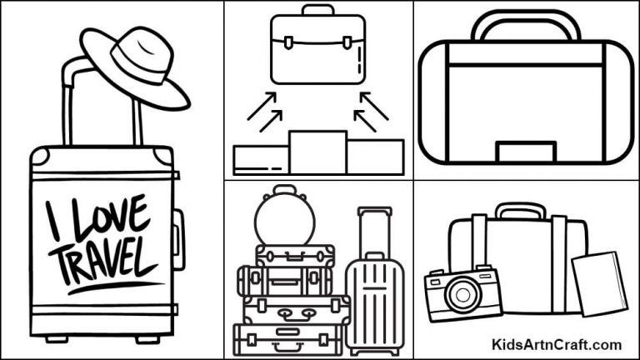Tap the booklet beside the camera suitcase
click(599, 284)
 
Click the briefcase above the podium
click(317, 50)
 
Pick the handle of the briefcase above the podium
click(317, 10)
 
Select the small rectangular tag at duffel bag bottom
click(526, 152)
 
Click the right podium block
click(375, 157)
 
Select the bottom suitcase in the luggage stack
click(287, 338)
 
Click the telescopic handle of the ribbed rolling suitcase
click(374, 229)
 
